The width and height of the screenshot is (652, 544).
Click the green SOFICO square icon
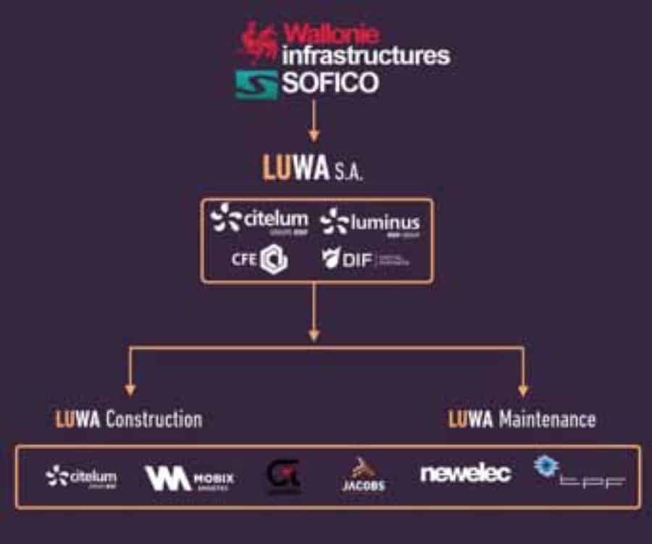click(256, 84)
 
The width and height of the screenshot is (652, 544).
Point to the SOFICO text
click(330, 83)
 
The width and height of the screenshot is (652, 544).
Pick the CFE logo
click(260, 260)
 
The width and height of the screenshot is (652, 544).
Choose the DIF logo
click(364, 260)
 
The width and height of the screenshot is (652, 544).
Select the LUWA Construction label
click(128, 419)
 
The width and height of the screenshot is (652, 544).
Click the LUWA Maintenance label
click(522, 419)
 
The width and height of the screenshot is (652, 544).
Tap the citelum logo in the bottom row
click(80, 477)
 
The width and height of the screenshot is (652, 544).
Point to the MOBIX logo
click(190, 478)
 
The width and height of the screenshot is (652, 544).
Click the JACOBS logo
click(363, 476)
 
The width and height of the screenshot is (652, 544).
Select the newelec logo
click(465, 474)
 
